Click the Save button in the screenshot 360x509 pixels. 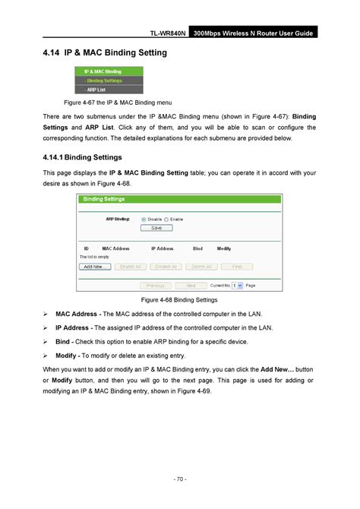tap(156, 227)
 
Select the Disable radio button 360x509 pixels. tap(145, 219)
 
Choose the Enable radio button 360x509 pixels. tap(166, 219)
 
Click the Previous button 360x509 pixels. tap(154, 286)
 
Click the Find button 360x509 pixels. tap(237, 267)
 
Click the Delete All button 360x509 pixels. tap(201, 267)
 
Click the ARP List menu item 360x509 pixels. tap(96, 88)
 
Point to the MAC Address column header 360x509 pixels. tap(116, 248)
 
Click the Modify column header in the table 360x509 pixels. tap(224, 248)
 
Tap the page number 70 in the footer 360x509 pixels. tap(179, 479)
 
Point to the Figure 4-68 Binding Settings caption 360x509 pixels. tap(180, 300)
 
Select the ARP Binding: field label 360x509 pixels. tap(117, 219)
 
